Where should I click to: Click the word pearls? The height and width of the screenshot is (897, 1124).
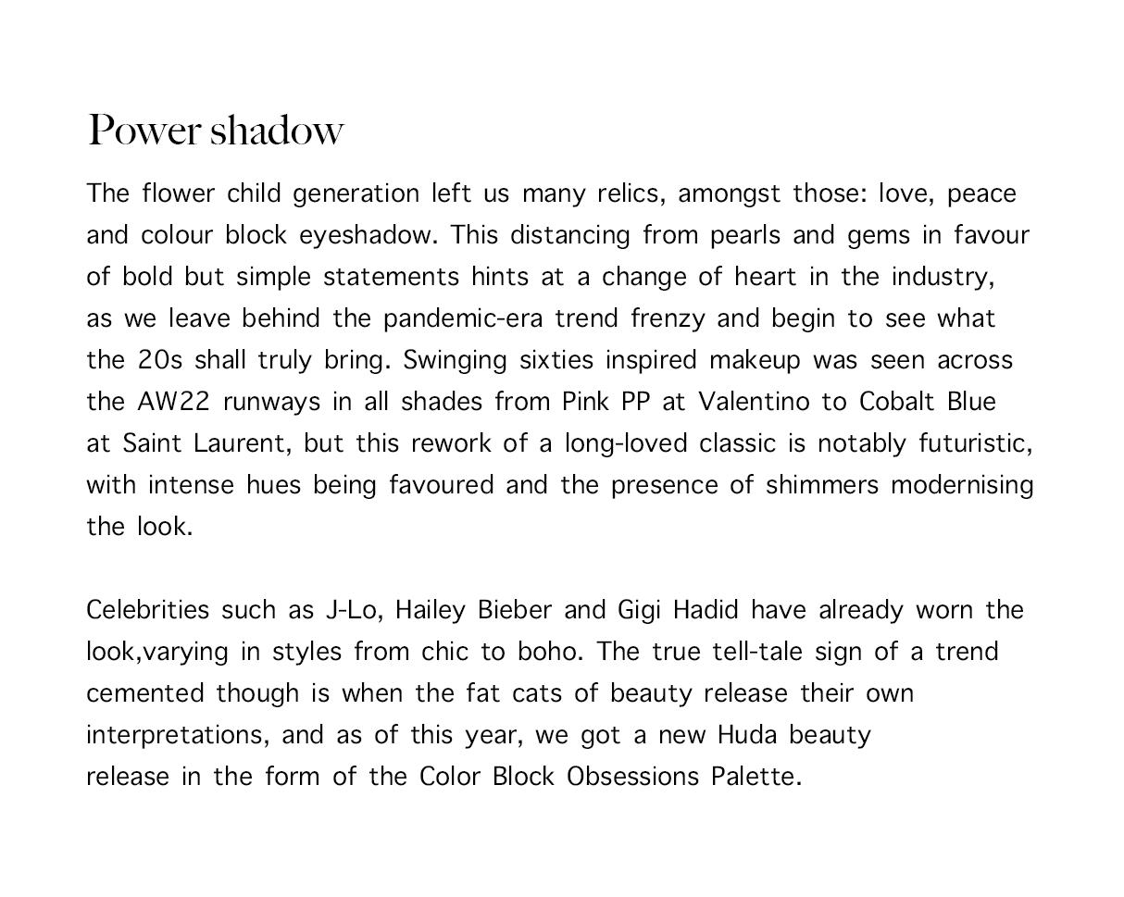tap(744, 235)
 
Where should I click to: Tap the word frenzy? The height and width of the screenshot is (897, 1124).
tap(668, 318)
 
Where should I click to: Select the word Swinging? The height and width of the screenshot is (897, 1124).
tap(455, 360)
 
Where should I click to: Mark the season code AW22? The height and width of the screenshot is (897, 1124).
tap(174, 402)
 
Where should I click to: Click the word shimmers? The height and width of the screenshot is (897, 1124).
tap(821, 485)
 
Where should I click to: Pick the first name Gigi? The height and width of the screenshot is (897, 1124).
tap(639, 610)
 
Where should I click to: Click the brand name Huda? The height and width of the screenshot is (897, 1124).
tap(747, 735)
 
